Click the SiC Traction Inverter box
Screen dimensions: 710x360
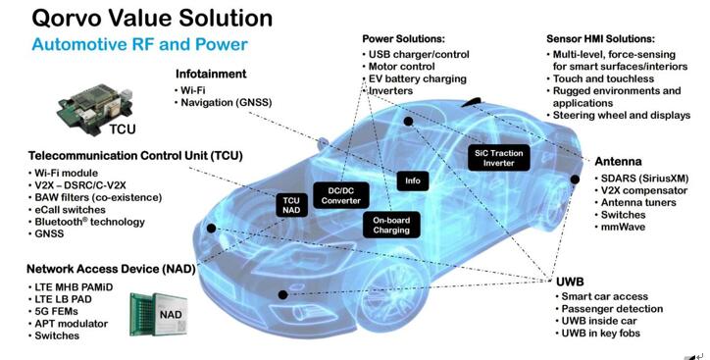[498, 158]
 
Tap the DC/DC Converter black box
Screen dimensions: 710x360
[341, 195]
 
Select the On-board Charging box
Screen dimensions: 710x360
[391, 225]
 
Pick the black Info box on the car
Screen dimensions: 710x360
[413, 180]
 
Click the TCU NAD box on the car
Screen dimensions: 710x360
[291, 205]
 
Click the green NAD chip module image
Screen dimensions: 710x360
[159, 314]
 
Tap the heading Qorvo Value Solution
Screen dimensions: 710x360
[152, 18]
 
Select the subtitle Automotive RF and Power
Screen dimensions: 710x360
[140, 44]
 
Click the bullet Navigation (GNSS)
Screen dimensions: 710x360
[226, 102]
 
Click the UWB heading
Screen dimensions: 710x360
[570, 282]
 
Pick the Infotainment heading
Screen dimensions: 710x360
[211, 74]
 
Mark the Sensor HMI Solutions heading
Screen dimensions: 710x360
[600, 39]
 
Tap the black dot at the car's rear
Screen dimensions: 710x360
[575, 180]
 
